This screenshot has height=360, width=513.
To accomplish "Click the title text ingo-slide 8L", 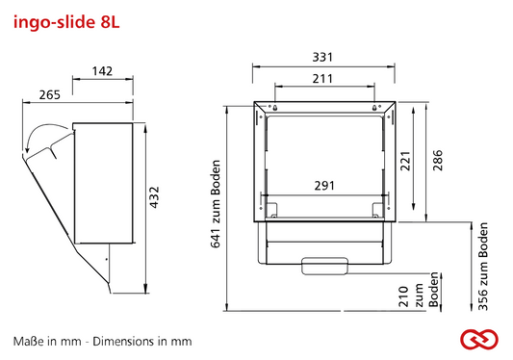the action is pos(66,22).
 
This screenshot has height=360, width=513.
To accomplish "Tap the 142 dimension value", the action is pos(102,71).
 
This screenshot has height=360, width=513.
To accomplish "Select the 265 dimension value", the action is pos(50,95).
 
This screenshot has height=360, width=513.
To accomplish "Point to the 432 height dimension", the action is pos(154,197).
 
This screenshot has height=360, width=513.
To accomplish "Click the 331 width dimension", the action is pos(322,57).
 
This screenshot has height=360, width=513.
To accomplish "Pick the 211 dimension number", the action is pos(322,79).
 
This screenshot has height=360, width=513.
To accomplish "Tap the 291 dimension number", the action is pos(324,186).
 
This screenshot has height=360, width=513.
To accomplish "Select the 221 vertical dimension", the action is pos(405,161).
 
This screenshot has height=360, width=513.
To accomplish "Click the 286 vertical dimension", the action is pos(437,161).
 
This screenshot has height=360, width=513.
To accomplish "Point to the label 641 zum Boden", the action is pos(216,204).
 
